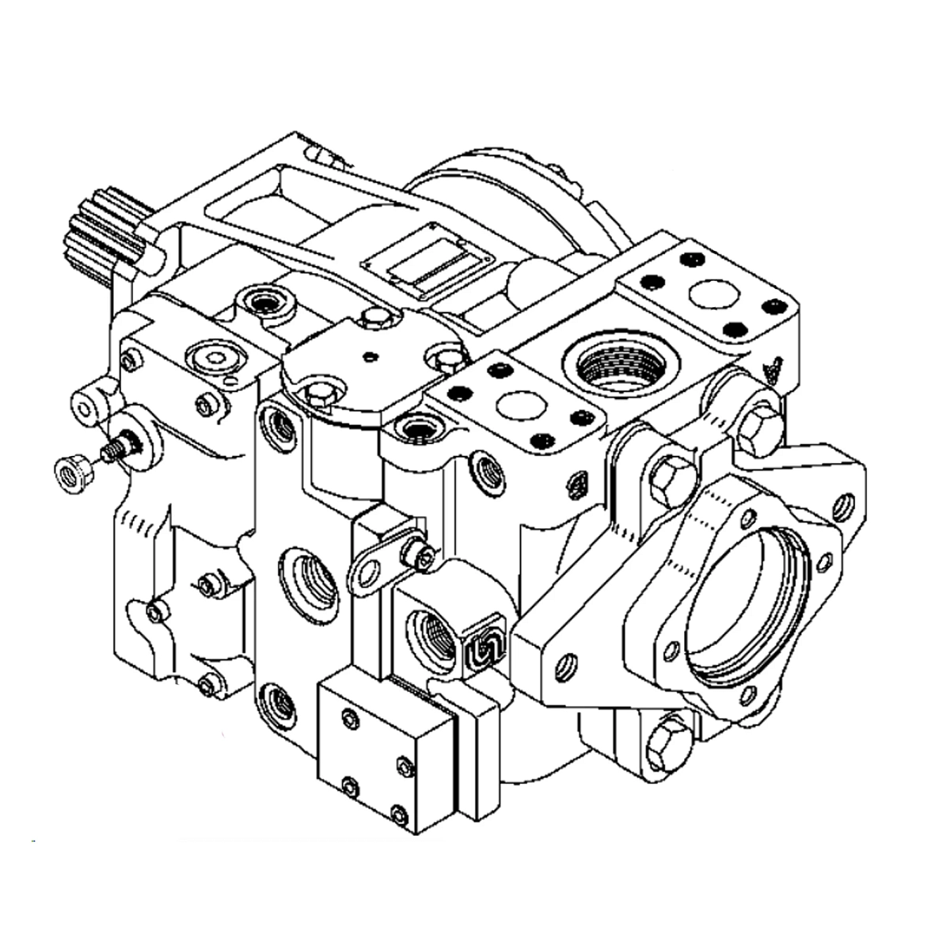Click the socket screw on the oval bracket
(419, 556)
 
